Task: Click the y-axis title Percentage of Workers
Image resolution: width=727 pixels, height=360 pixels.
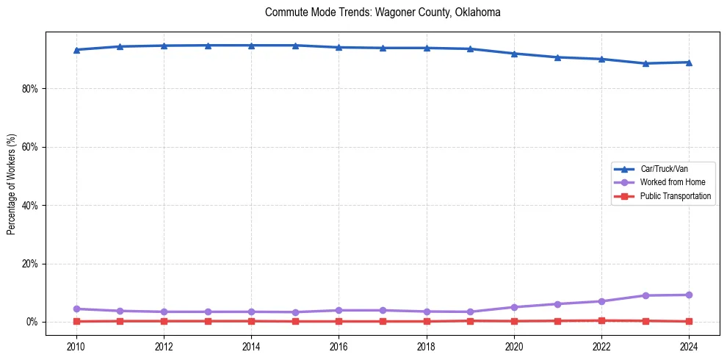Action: point(12,184)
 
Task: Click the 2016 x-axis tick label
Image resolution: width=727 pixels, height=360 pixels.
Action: point(339,346)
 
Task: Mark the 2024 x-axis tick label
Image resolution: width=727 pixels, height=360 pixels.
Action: point(689,346)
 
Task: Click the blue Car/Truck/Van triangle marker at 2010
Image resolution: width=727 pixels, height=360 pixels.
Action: point(76,50)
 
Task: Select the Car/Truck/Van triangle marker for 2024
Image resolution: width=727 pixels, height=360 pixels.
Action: point(689,62)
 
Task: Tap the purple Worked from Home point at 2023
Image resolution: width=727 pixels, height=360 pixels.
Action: point(645,295)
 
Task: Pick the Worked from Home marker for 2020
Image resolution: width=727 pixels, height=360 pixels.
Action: point(514,307)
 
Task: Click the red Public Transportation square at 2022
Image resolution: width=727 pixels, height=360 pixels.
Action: point(601,320)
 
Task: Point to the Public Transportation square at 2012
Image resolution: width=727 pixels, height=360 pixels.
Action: point(164,321)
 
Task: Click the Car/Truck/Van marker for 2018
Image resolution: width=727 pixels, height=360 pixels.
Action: point(427,48)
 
